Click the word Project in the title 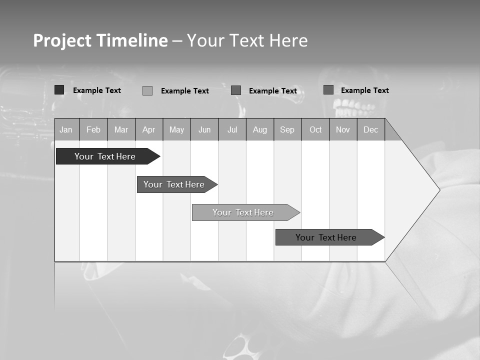[63, 40]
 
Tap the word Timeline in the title [132, 40]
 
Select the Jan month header [66, 129]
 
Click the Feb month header [93, 129]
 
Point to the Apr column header [149, 129]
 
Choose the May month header [176, 129]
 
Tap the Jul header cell [232, 129]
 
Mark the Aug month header [260, 129]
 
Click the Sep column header [287, 129]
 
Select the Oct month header [315, 129]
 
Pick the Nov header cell [343, 129]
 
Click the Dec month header [371, 129]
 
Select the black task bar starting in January [105, 156]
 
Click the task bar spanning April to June [174, 184]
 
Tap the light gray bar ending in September [243, 212]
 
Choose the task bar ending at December [326, 237]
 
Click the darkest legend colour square [59, 90]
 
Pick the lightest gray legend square [147, 90]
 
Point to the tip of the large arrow [438, 190]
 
